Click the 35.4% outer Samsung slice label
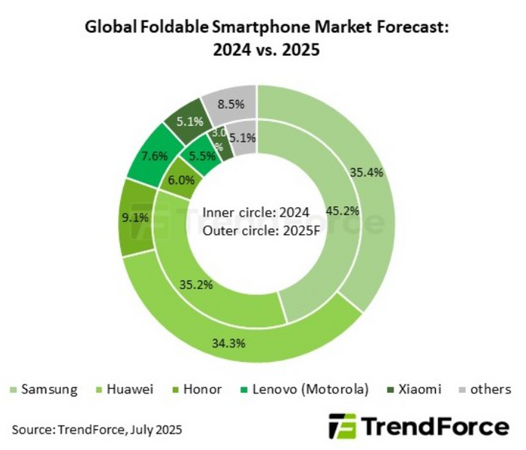click(x=367, y=172)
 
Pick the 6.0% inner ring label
click(x=182, y=180)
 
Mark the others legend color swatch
click(x=463, y=390)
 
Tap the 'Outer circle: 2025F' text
click(x=261, y=230)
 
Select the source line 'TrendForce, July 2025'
click(x=117, y=430)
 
